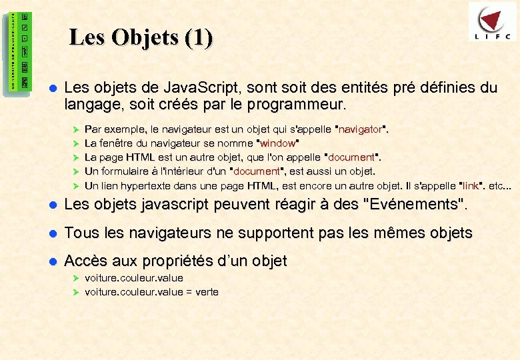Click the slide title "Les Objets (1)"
(141, 38)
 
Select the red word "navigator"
(360, 129)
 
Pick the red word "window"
(277, 143)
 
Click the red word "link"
(471, 185)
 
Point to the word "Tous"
(80, 233)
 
